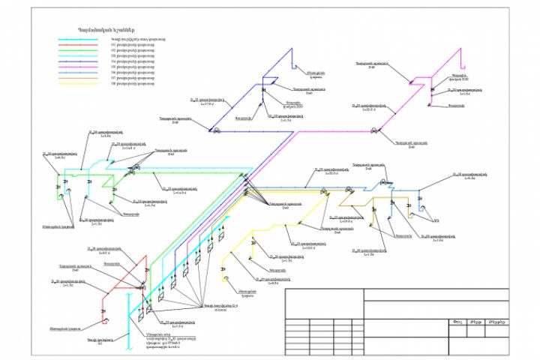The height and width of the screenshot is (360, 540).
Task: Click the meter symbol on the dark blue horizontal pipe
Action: [217, 131]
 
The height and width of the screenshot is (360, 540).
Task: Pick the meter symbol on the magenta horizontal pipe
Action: [375, 132]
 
